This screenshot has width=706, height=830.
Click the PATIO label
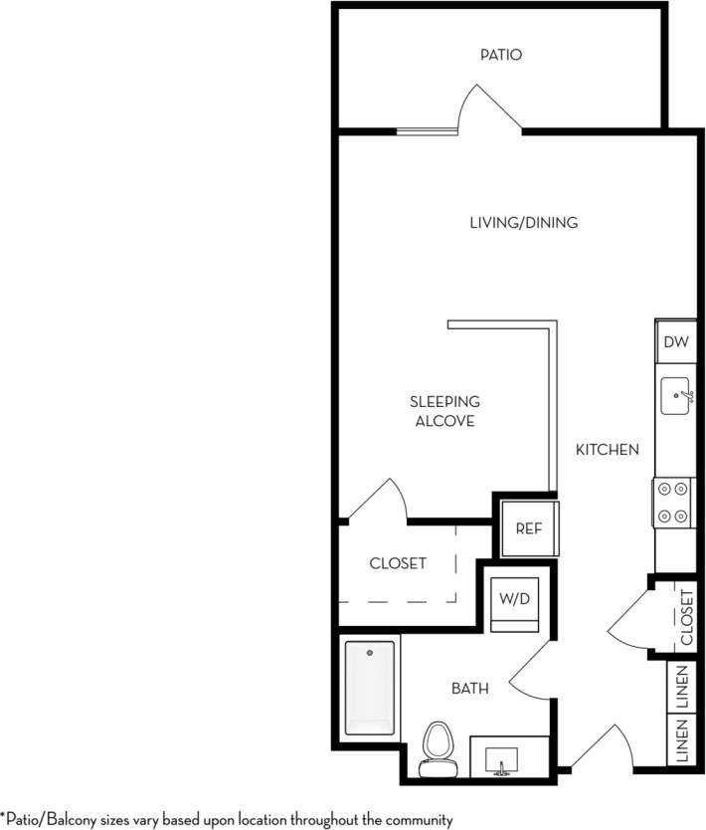[501, 55]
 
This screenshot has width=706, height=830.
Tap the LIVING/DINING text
[523, 223]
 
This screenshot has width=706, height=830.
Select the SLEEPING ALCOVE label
[444, 411]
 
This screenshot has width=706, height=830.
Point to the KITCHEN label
[607, 450]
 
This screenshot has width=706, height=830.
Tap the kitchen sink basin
[677, 396]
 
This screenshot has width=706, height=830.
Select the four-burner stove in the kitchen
[673, 503]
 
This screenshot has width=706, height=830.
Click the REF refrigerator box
[528, 527]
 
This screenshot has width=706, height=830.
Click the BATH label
[469, 688]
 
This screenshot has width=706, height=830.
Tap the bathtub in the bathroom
[369, 688]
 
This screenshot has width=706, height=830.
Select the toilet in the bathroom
[436, 749]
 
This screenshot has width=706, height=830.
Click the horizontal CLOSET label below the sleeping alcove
[398, 563]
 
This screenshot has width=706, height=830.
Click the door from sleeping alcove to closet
[378, 501]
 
